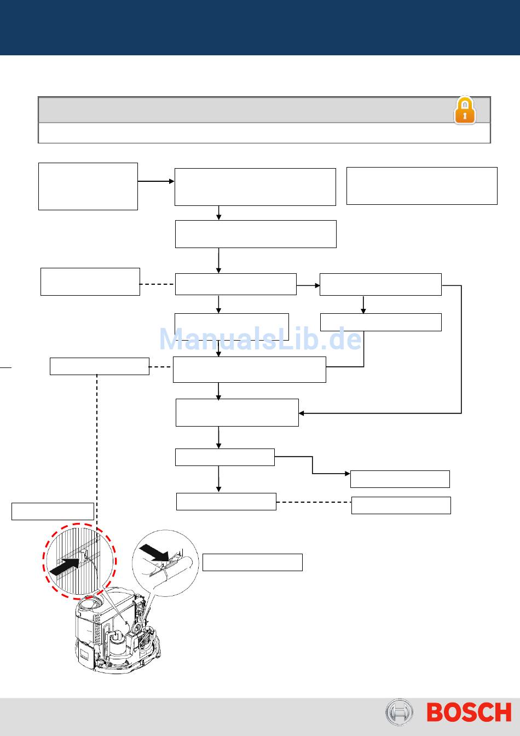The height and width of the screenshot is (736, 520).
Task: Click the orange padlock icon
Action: [465, 111]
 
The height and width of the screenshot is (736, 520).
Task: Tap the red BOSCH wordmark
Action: [469, 712]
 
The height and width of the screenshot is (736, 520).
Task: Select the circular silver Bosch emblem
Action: [399, 712]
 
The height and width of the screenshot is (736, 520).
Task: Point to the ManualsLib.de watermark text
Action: [260, 340]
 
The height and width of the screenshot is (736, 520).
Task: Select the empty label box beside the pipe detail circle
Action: [252, 562]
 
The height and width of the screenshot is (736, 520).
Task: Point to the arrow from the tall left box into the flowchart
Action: [156, 181]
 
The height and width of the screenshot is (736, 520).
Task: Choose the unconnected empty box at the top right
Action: [421, 186]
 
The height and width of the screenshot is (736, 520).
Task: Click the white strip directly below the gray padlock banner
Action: [264, 133]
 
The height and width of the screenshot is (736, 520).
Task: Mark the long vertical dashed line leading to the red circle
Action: [97, 449]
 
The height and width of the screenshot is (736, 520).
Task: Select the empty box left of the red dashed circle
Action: [53, 511]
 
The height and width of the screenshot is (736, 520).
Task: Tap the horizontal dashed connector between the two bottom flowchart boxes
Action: [313, 502]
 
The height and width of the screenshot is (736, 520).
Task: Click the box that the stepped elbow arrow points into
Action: [400, 479]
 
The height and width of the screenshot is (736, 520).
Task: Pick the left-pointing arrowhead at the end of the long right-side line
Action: [302, 413]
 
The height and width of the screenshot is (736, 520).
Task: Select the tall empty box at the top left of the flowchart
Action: [88, 186]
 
